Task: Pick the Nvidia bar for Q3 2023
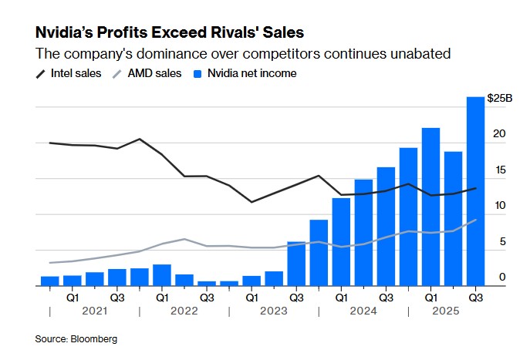[x=296, y=263]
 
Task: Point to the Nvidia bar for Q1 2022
[x=162, y=275]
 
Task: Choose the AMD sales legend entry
[x=154, y=73]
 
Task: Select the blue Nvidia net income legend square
[x=197, y=73]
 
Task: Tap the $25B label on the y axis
[x=500, y=98]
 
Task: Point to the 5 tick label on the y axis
[x=502, y=241]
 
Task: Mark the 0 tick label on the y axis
[x=502, y=277]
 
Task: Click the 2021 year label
[x=95, y=311]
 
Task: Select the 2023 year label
[x=274, y=311]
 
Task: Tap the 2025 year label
[x=445, y=311]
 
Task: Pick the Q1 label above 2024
[x=341, y=297]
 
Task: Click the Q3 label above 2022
[x=207, y=297]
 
